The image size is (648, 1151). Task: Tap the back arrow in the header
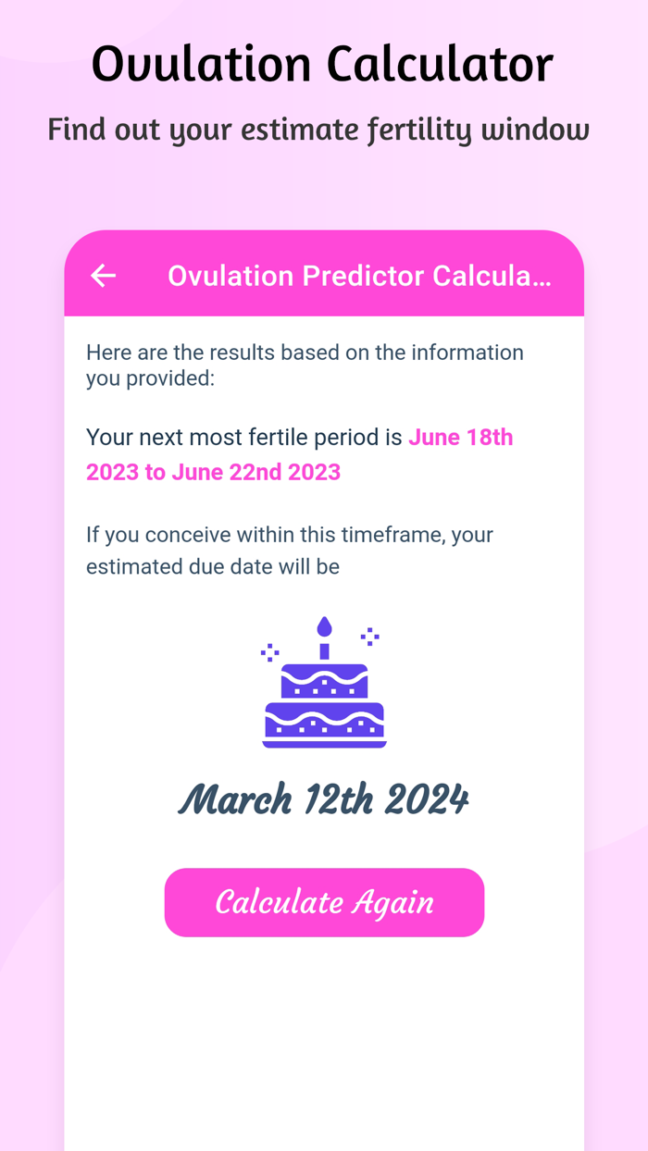(x=103, y=275)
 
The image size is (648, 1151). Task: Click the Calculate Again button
(x=324, y=902)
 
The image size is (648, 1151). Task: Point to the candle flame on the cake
(x=324, y=627)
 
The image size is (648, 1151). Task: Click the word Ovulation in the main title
(x=200, y=65)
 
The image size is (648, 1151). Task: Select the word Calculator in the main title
(x=439, y=65)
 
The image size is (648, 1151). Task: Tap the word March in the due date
(x=236, y=799)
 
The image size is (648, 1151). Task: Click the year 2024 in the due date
(x=427, y=799)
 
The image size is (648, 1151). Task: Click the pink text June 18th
(x=461, y=437)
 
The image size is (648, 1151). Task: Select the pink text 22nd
(x=253, y=472)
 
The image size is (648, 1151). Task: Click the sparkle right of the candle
(x=369, y=636)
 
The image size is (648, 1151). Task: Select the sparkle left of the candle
(x=269, y=652)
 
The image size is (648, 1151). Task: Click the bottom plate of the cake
(x=324, y=743)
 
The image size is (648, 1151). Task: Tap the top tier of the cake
(x=324, y=681)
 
